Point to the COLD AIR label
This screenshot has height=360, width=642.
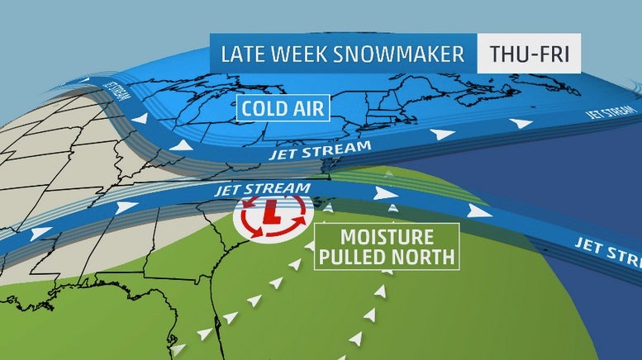(282, 108)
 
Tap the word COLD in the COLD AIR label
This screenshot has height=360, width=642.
(266, 108)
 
